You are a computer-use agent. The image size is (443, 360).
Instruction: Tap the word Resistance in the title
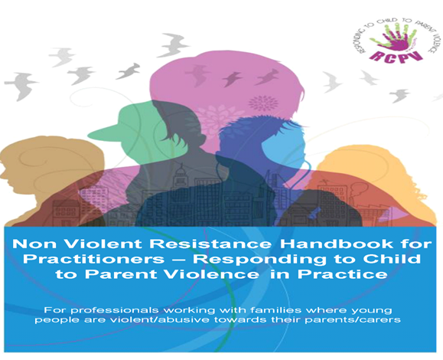(210, 244)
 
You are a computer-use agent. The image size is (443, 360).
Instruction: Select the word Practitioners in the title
(93, 259)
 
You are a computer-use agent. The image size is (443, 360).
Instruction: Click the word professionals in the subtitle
(115, 310)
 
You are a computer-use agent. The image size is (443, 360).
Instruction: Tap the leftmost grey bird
(21, 85)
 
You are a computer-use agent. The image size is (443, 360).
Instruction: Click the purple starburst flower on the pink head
(262, 103)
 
